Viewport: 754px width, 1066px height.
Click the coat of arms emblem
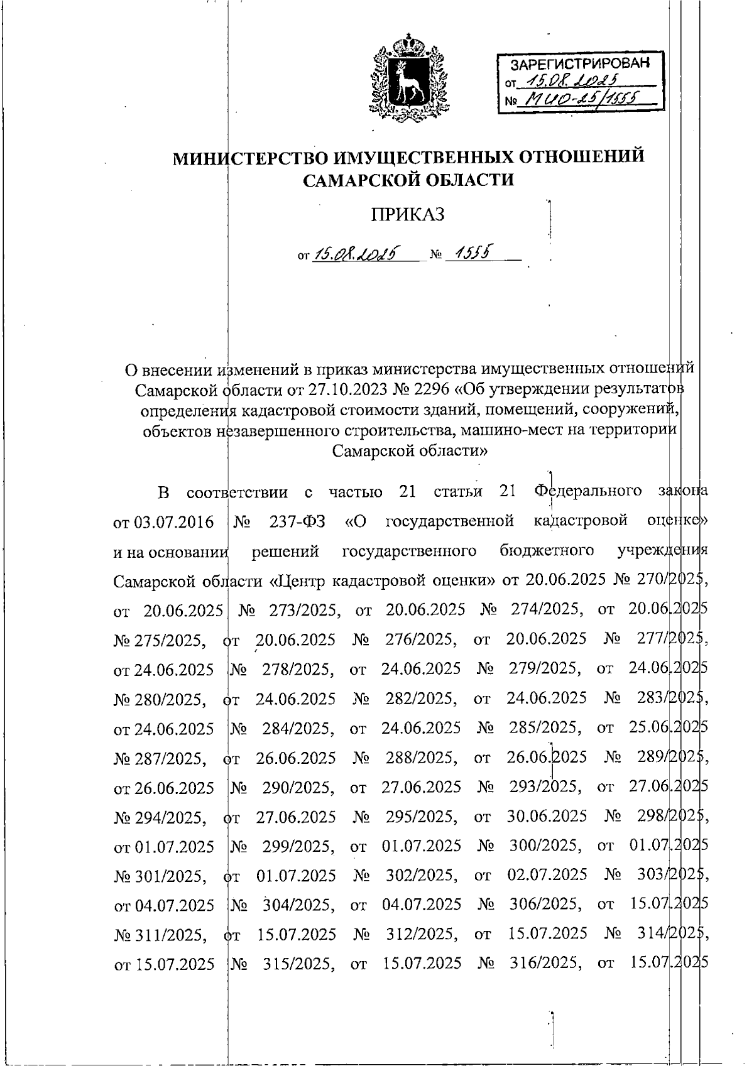(x=409, y=78)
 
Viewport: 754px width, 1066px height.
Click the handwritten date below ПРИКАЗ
(x=358, y=254)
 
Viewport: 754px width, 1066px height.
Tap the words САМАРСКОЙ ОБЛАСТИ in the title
(x=408, y=180)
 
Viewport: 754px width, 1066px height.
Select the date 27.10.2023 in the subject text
(x=339, y=390)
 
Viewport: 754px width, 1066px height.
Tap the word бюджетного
(x=547, y=551)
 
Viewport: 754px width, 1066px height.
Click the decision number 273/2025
(x=305, y=609)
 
